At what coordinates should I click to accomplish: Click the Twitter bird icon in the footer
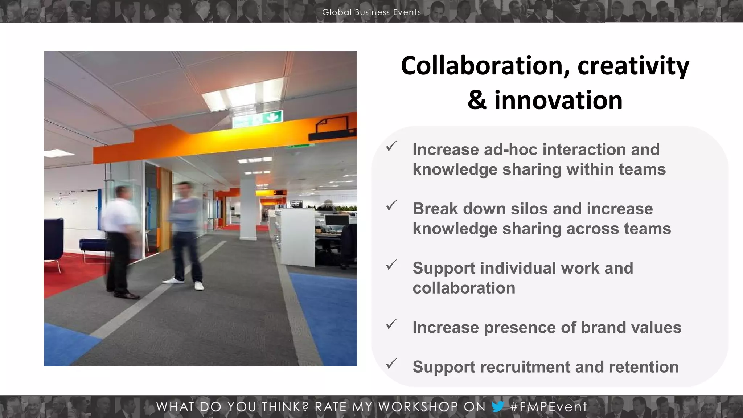(498, 406)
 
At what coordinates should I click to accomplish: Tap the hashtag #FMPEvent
(548, 407)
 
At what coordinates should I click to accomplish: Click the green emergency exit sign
(258, 119)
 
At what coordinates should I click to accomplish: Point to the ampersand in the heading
(477, 101)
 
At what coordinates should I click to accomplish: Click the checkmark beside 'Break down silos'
(391, 205)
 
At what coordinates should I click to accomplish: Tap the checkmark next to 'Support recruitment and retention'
(391, 363)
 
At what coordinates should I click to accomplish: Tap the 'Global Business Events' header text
(371, 12)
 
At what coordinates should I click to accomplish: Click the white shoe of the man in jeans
(199, 286)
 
